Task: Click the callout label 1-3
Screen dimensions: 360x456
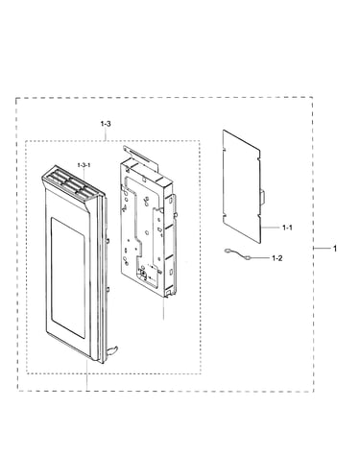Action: (106, 124)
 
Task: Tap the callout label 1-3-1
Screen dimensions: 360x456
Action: (84, 165)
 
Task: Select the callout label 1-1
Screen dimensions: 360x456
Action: (287, 228)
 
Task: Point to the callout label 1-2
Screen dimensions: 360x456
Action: (277, 258)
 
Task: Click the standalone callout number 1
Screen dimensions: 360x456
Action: (335, 249)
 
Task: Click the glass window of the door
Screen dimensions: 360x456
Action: (68, 277)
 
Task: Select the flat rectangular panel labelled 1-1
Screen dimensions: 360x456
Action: (242, 186)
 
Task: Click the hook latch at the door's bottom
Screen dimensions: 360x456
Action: (111, 350)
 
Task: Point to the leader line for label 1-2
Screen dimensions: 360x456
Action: (261, 257)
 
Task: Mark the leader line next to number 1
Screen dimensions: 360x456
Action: (322, 248)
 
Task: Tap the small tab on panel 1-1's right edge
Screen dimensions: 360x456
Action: (263, 198)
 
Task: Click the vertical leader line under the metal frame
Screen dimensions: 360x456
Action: (163, 308)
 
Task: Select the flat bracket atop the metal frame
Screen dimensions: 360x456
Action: (141, 157)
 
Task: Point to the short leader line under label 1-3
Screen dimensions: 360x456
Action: (106, 133)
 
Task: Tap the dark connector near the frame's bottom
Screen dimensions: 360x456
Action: (142, 274)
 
